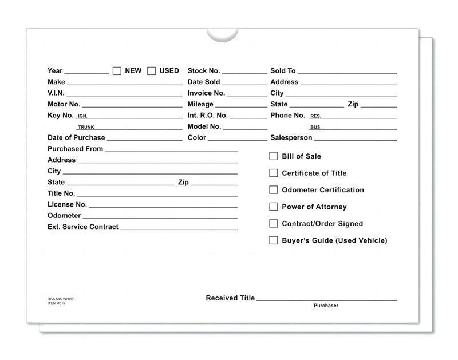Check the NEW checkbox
(x=117, y=71)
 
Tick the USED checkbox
(x=152, y=71)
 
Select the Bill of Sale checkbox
(x=274, y=156)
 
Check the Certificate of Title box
(x=274, y=173)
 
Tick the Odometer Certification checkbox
(x=274, y=189)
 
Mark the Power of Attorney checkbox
(x=274, y=207)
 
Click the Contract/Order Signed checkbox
(x=274, y=224)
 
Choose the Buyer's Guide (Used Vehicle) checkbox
(x=274, y=240)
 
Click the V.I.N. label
(x=56, y=93)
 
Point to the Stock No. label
(x=203, y=71)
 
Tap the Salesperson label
(x=291, y=138)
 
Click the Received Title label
(x=230, y=298)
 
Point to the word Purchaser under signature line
(x=326, y=306)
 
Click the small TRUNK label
(x=86, y=127)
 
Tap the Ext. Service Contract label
(x=83, y=227)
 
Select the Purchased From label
(x=75, y=149)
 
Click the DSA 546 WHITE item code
(x=61, y=299)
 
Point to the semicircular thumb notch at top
(x=222, y=34)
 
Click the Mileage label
(x=200, y=104)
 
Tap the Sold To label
(x=283, y=71)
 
